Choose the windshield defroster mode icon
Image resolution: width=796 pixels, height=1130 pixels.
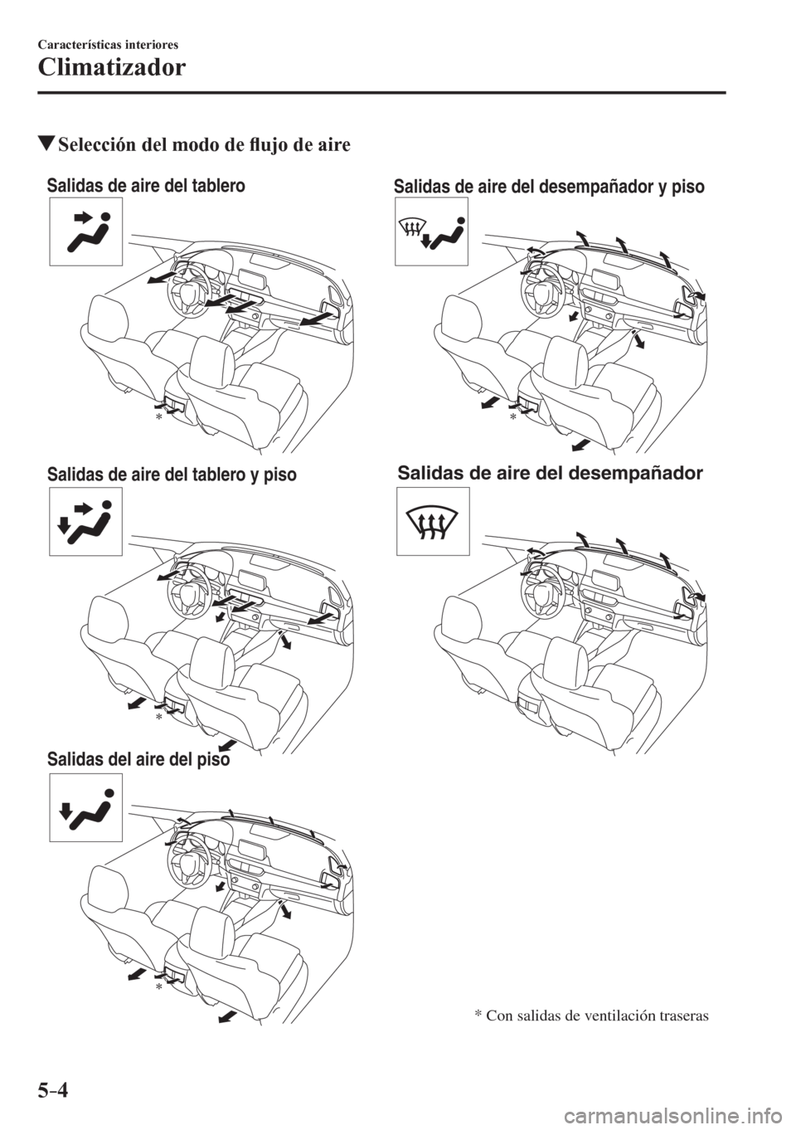[x=433, y=521]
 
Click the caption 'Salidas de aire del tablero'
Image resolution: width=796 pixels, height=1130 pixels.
[x=146, y=186]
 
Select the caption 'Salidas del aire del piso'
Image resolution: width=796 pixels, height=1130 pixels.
[x=138, y=758]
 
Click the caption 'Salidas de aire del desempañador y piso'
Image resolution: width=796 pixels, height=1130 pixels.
[x=549, y=188]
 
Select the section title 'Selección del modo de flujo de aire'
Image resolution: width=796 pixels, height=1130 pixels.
[x=204, y=145]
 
